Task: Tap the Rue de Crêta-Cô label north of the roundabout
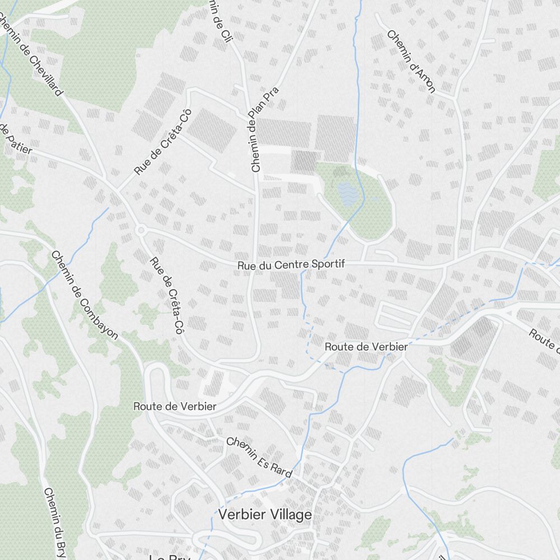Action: point(163,141)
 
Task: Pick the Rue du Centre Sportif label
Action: point(291,265)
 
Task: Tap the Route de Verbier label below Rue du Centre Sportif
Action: point(366,347)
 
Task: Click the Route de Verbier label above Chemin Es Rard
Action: point(175,406)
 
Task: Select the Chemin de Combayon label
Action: point(85,295)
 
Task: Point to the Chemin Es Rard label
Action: point(259,457)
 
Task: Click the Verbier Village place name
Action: point(265,515)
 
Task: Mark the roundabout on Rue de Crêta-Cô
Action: point(140,230)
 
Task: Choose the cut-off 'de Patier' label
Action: point(16,139)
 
